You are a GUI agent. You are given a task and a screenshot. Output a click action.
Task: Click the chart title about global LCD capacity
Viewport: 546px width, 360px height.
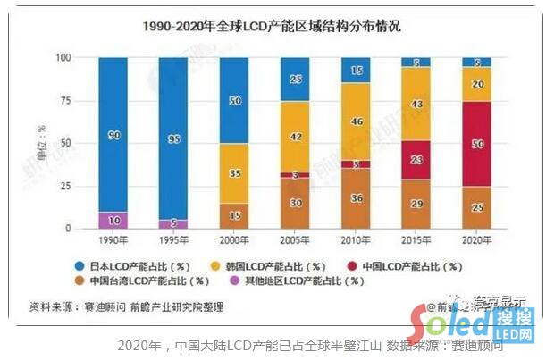point(273,27)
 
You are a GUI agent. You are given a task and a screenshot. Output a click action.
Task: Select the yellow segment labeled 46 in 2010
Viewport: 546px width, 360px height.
point(356,120)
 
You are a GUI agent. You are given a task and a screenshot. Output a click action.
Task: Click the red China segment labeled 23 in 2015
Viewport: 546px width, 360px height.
point(415,160)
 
